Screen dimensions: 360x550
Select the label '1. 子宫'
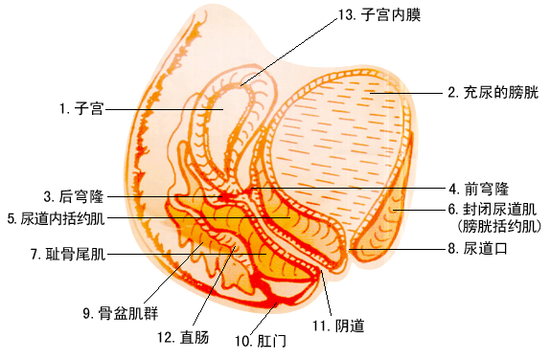tap(80, 109)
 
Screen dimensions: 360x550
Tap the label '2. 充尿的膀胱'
tap(493, 93)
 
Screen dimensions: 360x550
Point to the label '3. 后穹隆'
tap(73, 196)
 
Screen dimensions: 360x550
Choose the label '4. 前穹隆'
tap(478, 189)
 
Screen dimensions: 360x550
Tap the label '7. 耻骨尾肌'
tap(68, 254)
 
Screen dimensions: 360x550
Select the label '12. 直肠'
tap(177, 337)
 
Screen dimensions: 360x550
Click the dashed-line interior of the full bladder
tap(335, 144)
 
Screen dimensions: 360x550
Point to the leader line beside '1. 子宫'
tap(163, 109)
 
